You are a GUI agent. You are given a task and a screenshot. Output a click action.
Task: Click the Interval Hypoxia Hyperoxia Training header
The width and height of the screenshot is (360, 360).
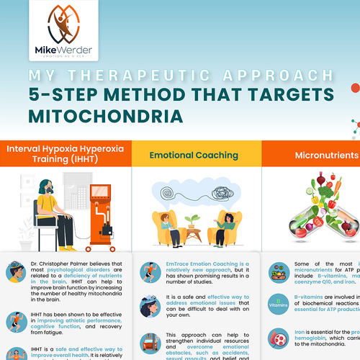(65, 155)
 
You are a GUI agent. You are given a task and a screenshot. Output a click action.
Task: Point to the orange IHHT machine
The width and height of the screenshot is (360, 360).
(95, 210)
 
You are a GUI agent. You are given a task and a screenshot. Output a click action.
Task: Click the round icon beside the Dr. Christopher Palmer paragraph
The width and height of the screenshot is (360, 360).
(14, 273)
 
